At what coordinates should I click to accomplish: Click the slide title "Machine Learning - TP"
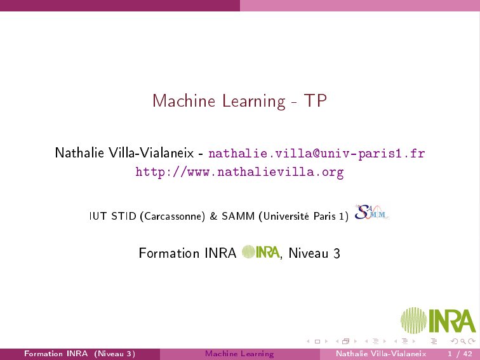pyautogui.click(x=240, y=101)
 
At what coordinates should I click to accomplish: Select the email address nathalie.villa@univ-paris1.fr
pyautogui.click(x=317, y=153)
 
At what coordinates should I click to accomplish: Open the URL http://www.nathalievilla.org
pyautogui.click(x=240, y=172)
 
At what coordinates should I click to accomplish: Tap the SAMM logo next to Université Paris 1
pyautogui.click(x=372, y=212)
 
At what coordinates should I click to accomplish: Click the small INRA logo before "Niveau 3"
pyautogui.click(x=261, y=252)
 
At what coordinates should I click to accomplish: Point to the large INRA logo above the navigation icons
pyautogui.click(x=438, y=321)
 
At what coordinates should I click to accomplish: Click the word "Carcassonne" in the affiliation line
pyautogui.click(x=173, y=217)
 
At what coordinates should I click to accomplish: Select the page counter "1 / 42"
pyautogui.click(x=460, y=354)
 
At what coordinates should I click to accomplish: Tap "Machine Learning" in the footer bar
pyautogui.click(x=240, y=354)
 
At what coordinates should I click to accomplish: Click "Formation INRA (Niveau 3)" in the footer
pyautogui.click(x=79, y=354)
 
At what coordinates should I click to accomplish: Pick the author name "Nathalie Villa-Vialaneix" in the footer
pyautogui.click(x=381, y=354)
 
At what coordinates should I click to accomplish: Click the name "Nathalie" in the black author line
pyautogui.click(x=79, y=153)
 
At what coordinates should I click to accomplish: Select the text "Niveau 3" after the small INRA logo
pyautogui.click(x=314, y=253)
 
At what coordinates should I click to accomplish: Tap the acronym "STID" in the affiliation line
pyautogui.click(x=124, y=216)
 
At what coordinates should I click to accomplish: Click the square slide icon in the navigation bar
pyautogui.click(x=317, y=342)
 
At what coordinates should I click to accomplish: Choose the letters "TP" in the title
pyautogui.click(x=316, y=100)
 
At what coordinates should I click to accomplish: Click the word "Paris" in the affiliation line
pyautogui.click(x=324, y=216)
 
